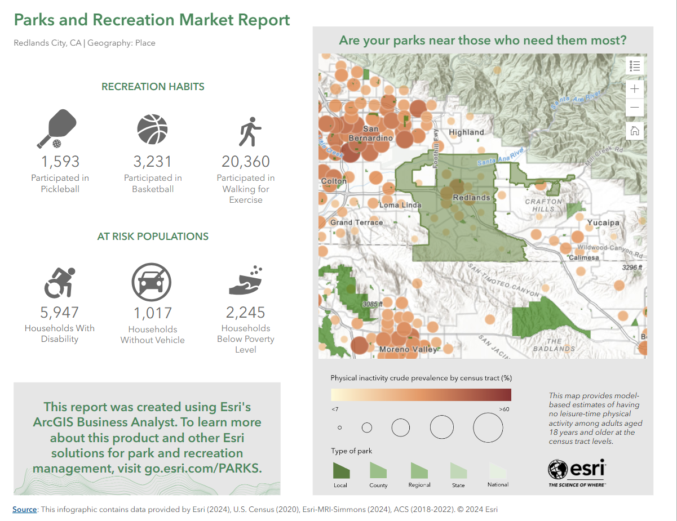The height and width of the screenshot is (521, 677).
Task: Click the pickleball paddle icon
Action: pyautogui.click(x=57, y=129)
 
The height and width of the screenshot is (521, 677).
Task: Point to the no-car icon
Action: pyautogui.click(x=151, y=282)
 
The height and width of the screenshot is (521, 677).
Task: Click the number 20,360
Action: pyautogui.click(x=246, y=162)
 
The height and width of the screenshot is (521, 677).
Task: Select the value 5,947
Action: pyautogui.click(x=59, y=313)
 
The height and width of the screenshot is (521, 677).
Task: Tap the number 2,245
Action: pyautogui.click(x=245, y=313)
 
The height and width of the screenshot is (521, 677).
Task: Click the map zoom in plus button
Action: pyautogui.click(x=635, y=89)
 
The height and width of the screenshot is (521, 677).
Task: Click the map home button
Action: pyautogui.click(x=635, y=131)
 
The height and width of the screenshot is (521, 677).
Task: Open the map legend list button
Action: pyautogui.click(x=635, y=66)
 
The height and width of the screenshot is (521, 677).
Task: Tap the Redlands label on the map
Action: pyautogui.click(x=471, y=198)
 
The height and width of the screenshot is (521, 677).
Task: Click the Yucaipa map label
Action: pyautogui.click(x=603, y=222)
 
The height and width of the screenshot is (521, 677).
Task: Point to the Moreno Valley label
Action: pyautogui.click(x=408, y=349)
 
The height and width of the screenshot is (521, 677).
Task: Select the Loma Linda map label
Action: pyautogui.click(x=400, y=205)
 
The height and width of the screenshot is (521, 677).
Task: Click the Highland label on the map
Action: pyautogui.click(x=466, y=132)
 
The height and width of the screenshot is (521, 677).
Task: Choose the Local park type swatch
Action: pyautogui.click(x=340, y=471)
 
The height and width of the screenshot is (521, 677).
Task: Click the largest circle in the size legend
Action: pyautogui.click(x=488, y=428)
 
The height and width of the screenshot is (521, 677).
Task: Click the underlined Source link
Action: pyautogui.click(x=25, y=509)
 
